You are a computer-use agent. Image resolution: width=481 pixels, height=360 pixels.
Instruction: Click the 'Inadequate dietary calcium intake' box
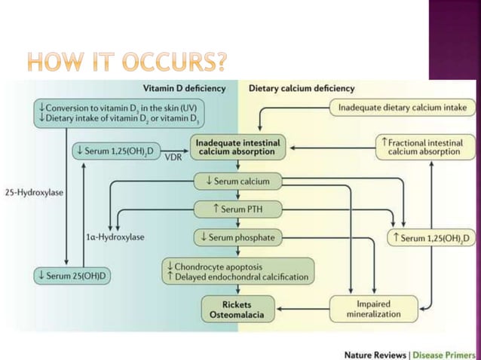point(403,108)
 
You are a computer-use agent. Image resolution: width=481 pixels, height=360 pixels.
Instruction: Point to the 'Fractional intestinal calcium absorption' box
point(424,147)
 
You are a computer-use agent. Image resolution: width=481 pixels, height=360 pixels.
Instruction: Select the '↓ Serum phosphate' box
point(234,238)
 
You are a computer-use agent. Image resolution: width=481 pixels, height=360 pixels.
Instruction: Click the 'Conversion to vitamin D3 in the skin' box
point(126,114)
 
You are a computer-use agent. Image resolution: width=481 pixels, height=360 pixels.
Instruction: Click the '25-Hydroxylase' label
point(33,192)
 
